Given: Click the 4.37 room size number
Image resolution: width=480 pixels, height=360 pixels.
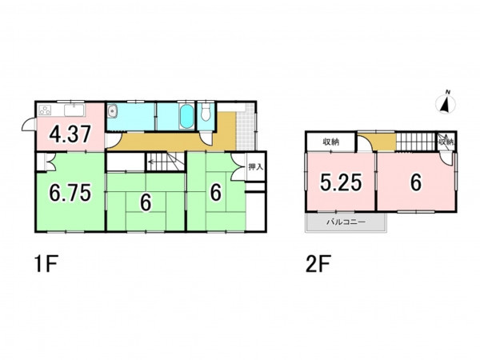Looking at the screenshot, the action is click(x=70, y=134).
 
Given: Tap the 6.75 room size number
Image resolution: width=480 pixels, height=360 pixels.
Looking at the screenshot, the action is click(x=70, y=193).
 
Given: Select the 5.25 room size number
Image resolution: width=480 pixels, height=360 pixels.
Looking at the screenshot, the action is click(x=341, y=182).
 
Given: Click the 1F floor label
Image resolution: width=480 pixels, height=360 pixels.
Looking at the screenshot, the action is click(x=46, y=264).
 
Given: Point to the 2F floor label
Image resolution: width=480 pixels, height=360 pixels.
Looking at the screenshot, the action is click(x=318, y=264).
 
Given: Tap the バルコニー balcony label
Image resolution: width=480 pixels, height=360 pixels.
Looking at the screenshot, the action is click(x=346, y=222).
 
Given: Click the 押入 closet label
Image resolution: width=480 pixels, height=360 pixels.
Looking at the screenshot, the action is click(x=256, y=167).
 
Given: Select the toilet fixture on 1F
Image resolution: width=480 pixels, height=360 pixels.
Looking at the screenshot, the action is click(x=206, y=112).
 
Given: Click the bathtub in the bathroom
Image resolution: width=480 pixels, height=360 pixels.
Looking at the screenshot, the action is click(x=186, y=117).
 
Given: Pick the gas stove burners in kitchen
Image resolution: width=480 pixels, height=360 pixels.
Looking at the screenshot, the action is click(x=45, y=110).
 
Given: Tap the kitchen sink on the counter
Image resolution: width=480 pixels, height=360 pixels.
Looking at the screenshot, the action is click(x=74, y=110).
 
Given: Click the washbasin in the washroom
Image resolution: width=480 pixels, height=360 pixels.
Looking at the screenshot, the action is click(x=112, y=111).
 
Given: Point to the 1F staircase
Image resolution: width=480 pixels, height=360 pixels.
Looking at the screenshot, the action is click(x=166, y=162).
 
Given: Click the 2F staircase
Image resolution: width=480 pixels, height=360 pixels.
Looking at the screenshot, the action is click(x=416, y=142).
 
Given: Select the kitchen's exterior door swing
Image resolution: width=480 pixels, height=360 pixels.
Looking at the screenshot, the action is click(x=30, y=125).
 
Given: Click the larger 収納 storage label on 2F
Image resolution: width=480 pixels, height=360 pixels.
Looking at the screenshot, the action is click(x=331, y=142).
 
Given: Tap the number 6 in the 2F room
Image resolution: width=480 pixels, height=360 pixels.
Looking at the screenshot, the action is click(x=416, y=182).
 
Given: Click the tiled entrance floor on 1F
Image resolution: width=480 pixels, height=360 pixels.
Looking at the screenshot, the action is click(x=246, y=127).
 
